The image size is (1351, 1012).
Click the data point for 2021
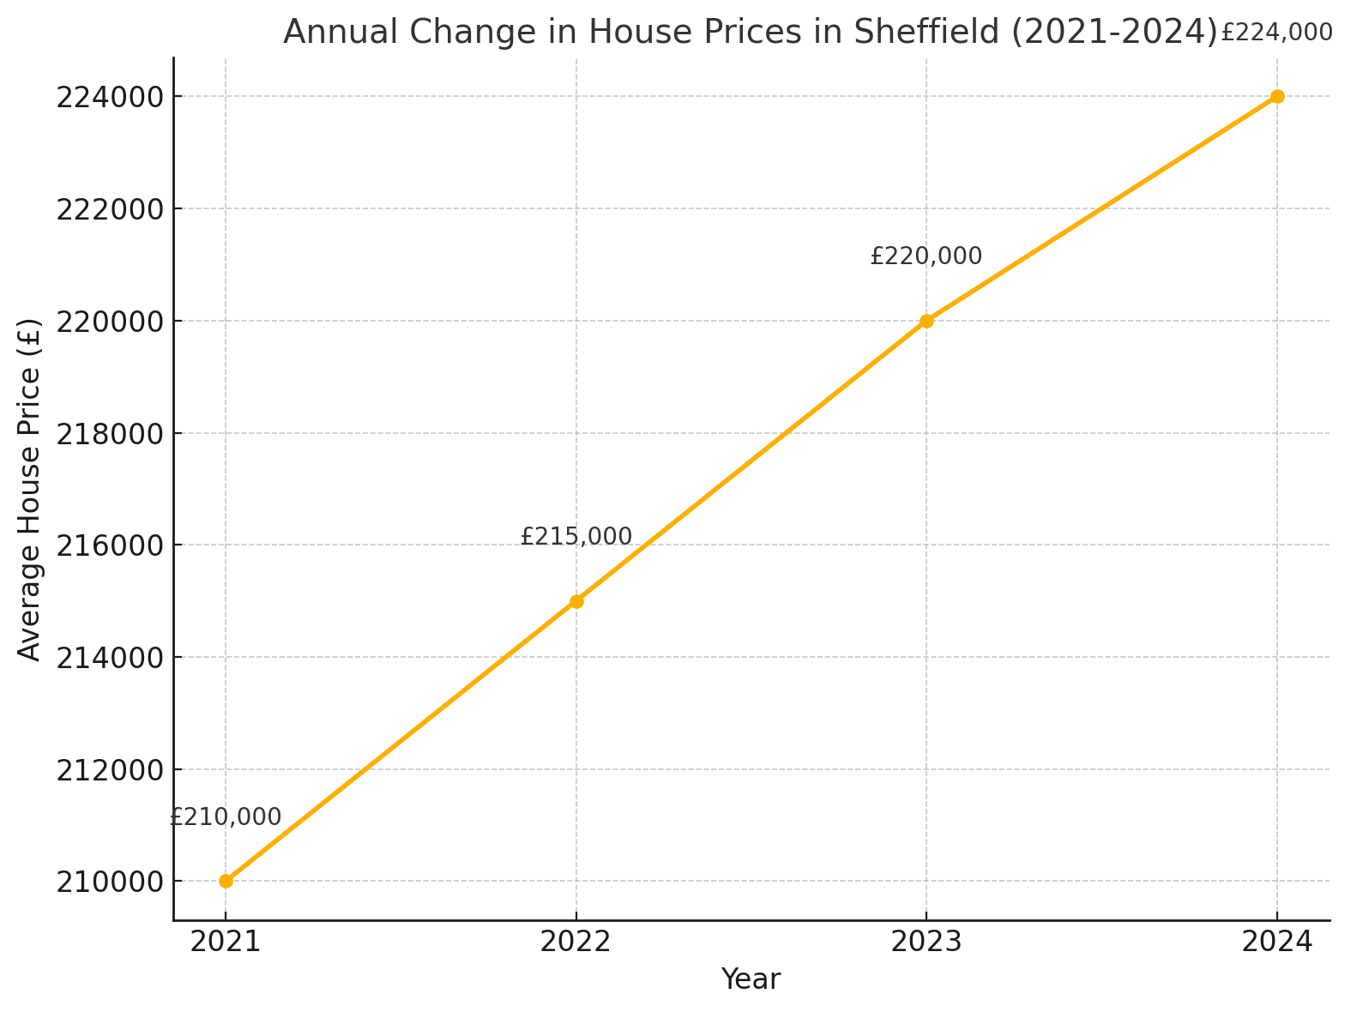[x=226, y=881]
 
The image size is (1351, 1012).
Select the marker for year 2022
[x=576, y=601]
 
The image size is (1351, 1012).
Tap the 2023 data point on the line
[x=926, y=321]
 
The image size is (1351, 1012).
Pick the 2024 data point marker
[x=1277, y=96]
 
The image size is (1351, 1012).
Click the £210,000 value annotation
[x=226, y=817]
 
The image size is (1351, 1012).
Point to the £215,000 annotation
[x=576, y=537]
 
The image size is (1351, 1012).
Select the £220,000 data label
[x=926, y=256]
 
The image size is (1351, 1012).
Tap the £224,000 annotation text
[x=1276, y=33]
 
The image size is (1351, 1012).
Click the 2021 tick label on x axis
[x=226, y=942]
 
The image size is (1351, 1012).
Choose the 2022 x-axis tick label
[x=576, y=942]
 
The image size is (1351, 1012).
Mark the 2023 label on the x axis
[x=926, y=942]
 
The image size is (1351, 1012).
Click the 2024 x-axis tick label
[x=1277, y=942]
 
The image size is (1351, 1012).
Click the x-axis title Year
[x=751, y=979]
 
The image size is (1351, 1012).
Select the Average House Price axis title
[x=30, y=489]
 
